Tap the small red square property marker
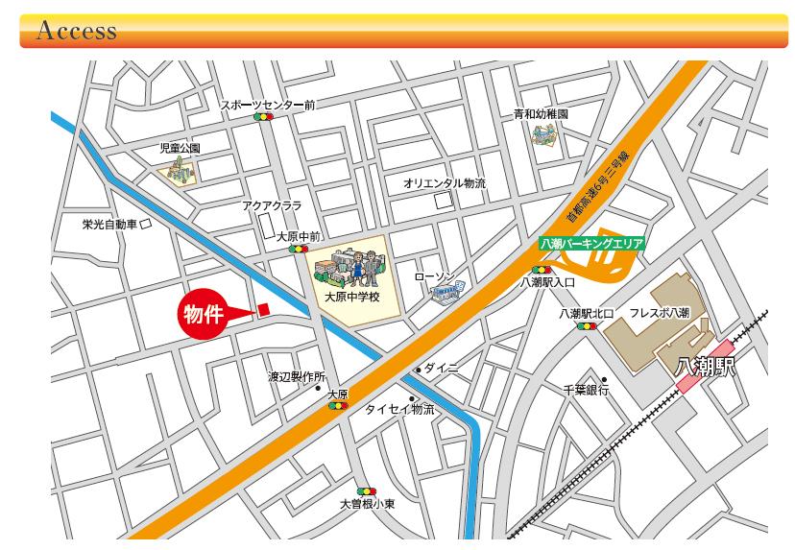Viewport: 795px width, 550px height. tap(263, 309)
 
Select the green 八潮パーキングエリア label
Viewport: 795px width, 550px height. tap(590, 244)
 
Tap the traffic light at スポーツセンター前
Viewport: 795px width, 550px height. tap(263, 116)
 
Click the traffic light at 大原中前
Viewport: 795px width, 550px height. tap(299, 249)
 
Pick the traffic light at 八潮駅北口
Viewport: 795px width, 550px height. tap(585, 326)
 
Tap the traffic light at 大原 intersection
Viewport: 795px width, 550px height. tap(337, 406)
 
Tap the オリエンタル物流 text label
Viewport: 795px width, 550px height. tap(445, 182)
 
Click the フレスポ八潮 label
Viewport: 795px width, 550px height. tap(659, 313)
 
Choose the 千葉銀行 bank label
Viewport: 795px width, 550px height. tap(586, 390)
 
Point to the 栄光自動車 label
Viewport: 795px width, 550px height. tap(109, 224)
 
